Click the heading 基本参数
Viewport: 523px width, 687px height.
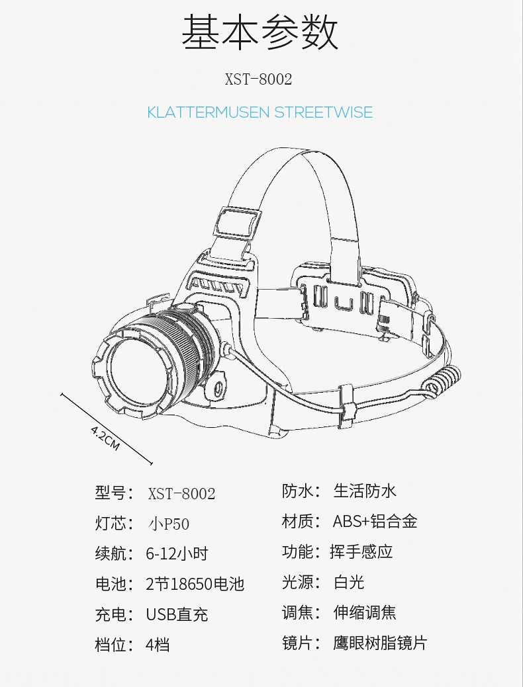click(x=260, y=32)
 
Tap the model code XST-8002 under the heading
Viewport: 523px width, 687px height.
click(x=259, y=79)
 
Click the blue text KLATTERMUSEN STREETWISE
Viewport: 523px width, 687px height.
click(x=260, y=112)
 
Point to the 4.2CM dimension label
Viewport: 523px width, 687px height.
click(x=105, y=437)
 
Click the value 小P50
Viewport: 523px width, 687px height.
click(x=169, y=524)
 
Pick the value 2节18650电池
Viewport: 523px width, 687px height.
click(x=195, y=584)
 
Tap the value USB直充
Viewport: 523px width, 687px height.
click(x=177, y=614)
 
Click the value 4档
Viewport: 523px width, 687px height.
click(x=158, y=645)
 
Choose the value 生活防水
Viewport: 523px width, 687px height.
click(x=365, y=491)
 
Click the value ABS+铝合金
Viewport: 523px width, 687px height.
click(x=375, y=521)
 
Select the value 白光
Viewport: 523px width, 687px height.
click(x=349, y=582)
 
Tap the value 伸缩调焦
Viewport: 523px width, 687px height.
click(x=365, y=612)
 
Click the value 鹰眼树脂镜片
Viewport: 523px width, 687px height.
click(x=380, y=643)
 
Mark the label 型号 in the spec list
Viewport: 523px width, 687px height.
click(x=110, y=493)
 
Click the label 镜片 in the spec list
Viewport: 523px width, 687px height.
click(x=298, y=643)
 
